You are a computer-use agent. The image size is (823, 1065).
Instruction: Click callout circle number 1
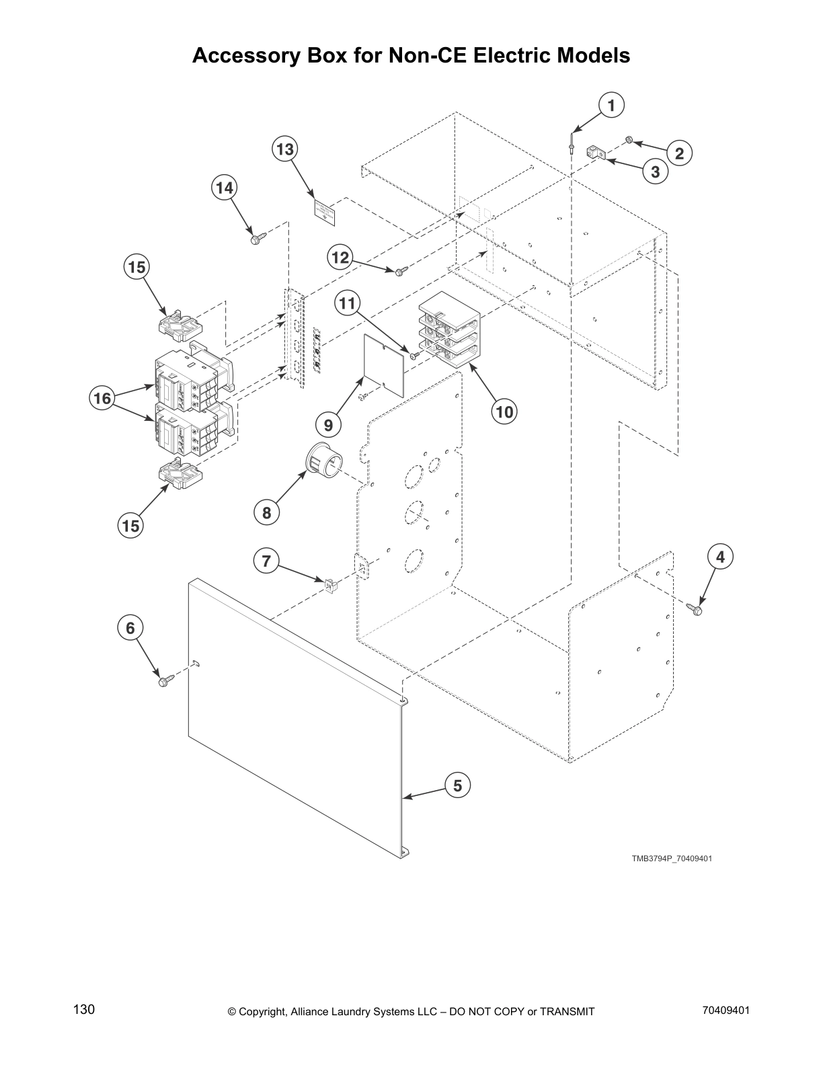pos(611,106)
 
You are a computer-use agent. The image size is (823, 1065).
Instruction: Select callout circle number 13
pos(285,149)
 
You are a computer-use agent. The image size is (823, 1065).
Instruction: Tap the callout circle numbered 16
pos(102,399)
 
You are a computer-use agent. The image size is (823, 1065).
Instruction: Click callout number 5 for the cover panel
pos(457,785)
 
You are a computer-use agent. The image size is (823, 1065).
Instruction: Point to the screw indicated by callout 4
pos(696,610)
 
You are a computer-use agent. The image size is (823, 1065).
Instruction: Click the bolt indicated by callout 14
pos(257,238)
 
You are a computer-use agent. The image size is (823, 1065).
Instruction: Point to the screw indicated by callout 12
pos(401,271)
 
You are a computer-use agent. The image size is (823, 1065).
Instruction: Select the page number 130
pos(84,1010)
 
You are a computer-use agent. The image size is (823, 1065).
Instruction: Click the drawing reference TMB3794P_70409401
pos(671,859)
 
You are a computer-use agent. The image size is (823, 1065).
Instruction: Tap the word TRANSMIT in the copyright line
pos(567,1011)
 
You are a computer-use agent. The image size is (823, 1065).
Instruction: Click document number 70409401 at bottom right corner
pos(726,1010)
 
